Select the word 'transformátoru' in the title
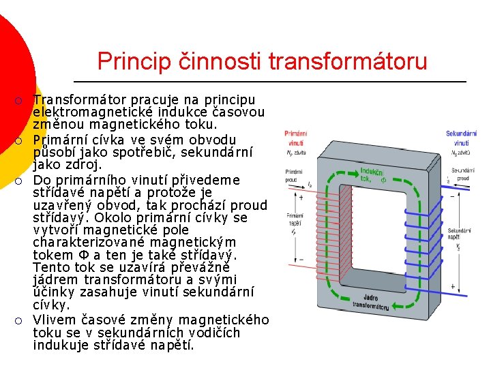click(x=348, y=61)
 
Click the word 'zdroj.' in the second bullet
click(x=83, y=165)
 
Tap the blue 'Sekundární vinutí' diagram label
click(x=462, y=138)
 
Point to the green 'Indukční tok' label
click(x=372, y=174)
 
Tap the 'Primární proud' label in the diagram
click(x=295, y=176)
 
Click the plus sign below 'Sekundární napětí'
click(x=453, y=287)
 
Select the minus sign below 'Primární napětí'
click(x=301, y=260)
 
